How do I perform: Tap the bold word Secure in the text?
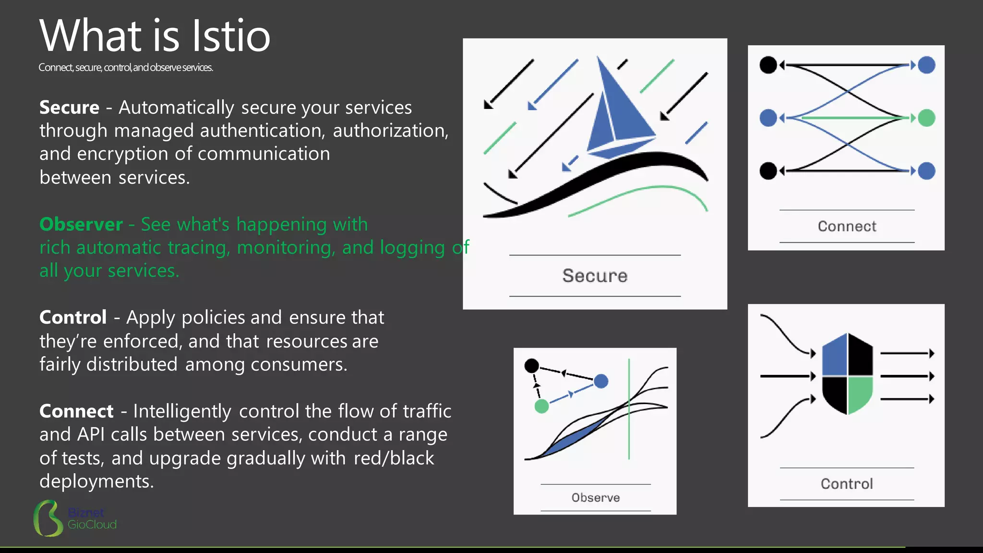69,108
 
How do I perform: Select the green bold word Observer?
81,224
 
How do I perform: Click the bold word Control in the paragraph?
73,317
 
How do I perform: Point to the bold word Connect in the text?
76,411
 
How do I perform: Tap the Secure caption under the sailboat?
595,276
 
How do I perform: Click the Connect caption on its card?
847,226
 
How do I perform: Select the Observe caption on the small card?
595,498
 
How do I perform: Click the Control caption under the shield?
847,484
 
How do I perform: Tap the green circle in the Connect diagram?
926,118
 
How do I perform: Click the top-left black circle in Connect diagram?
768,65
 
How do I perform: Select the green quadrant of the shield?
860,394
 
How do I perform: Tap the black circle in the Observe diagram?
531,366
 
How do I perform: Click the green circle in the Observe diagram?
541,407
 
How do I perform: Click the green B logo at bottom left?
48,518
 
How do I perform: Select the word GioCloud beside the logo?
92,525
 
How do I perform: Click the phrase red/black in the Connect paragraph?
394,458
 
